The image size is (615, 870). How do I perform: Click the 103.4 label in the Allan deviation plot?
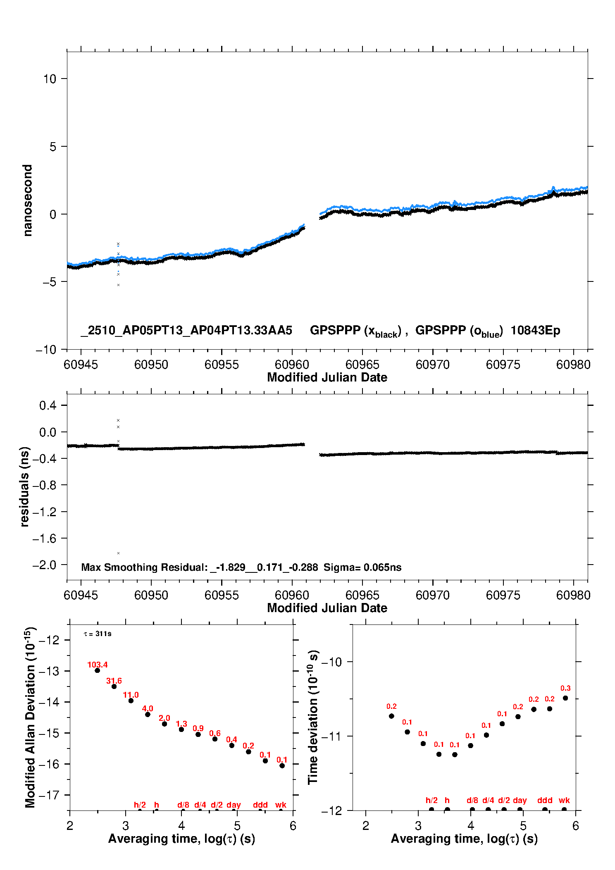coord(97,665)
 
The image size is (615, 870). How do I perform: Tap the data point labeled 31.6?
coord(114,686)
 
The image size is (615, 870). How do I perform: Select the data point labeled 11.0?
coord(131,701)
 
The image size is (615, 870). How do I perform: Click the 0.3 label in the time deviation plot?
coord(565,688)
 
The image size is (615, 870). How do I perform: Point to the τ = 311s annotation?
coord(98,634)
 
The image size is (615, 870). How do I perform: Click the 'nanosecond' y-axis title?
coord(27,200)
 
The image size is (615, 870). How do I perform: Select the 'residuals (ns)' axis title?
coord(24,486)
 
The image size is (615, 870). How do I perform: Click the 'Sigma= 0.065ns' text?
coord(362,567)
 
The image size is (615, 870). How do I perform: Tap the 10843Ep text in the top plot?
coord(535,331)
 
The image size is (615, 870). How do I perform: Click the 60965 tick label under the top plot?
coord(362,365)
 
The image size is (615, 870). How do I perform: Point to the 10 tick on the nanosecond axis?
coord(50,79)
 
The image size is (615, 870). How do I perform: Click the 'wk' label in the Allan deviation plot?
coord(281,805)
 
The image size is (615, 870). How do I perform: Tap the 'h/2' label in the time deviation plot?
coord(431,800)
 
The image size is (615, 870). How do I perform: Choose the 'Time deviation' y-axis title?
coord(313,717)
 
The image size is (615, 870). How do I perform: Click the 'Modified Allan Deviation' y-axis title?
coord(30,717)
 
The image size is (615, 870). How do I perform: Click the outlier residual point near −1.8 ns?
coord(118,553)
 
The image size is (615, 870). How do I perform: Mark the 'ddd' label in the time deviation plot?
coord(545,800)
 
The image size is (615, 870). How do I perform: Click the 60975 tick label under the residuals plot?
coord(503,595)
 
